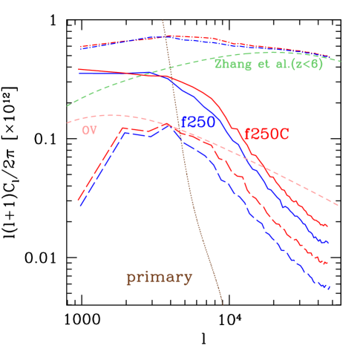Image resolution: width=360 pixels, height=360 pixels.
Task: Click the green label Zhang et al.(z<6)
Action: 268,64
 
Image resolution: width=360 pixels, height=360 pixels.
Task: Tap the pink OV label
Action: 89,130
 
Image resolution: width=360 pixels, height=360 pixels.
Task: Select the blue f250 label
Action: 198,122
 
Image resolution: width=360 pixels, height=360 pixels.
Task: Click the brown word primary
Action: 160,278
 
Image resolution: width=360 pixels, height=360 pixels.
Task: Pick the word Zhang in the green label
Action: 230,64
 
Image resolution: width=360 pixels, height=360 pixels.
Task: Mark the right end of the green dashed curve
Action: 341,61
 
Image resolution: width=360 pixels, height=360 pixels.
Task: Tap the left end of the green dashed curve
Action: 67,105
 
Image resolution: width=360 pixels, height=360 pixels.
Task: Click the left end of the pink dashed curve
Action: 67,122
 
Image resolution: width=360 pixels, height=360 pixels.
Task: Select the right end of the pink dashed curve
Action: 339,205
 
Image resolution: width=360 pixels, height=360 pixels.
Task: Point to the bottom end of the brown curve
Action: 223,304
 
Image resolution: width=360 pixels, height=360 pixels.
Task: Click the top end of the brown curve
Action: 163,20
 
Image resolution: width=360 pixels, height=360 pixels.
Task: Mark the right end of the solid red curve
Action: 328,226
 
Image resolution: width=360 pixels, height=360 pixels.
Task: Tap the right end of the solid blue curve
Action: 328,242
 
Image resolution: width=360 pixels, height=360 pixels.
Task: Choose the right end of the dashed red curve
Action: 328,264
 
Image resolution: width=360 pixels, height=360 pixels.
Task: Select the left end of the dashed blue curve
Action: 79,206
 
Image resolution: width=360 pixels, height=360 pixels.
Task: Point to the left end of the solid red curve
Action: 79,70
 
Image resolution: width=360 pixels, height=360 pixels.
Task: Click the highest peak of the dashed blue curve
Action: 168,126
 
